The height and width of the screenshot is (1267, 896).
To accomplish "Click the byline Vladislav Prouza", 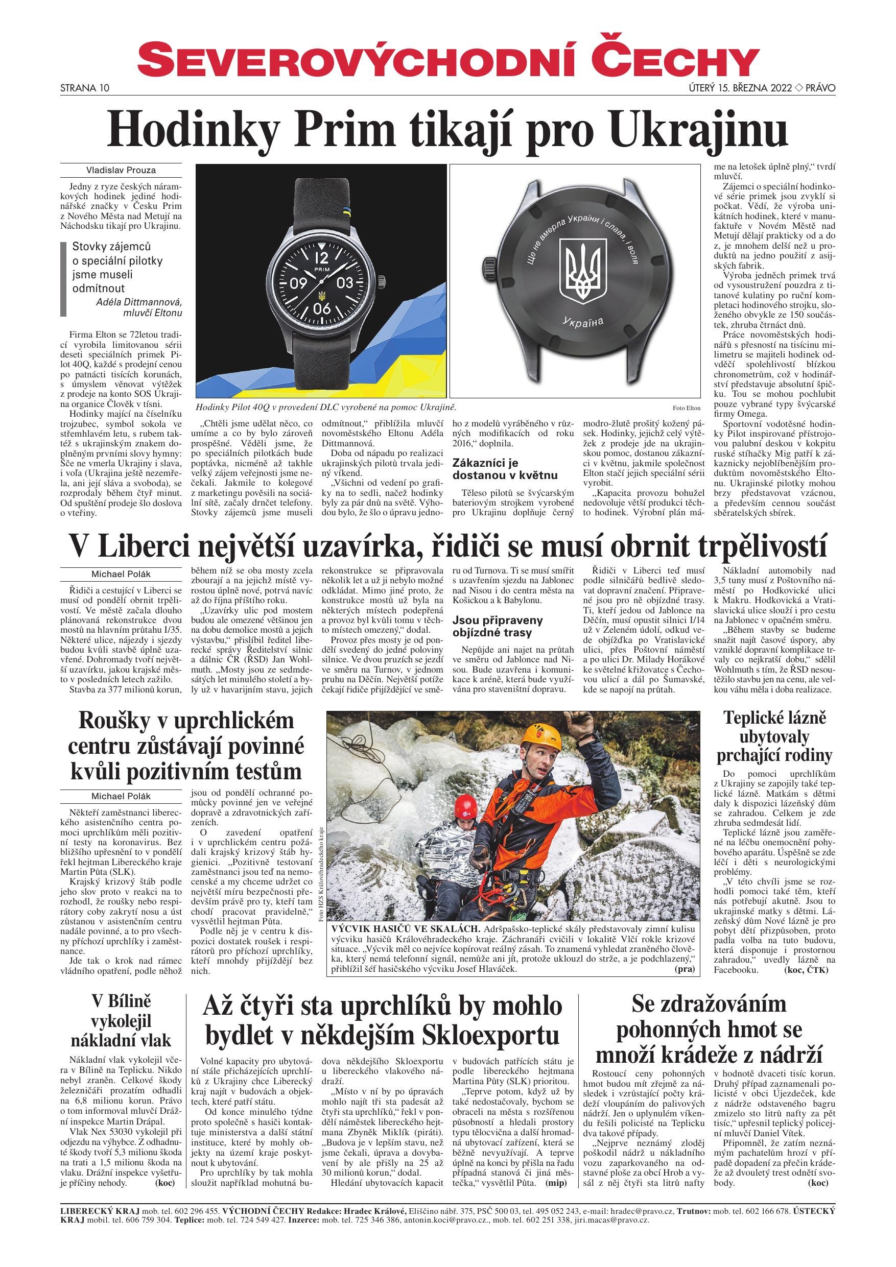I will [x=121, y=170].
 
